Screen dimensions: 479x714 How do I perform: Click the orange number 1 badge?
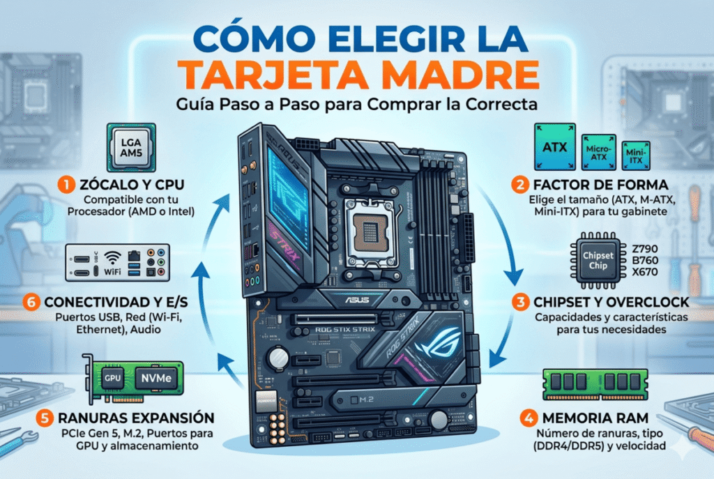tap(65, 185)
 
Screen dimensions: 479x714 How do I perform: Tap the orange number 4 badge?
tap(527, 420)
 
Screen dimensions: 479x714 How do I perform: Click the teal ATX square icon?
tap(554, 147)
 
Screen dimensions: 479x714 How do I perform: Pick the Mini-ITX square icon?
tap(633, 153)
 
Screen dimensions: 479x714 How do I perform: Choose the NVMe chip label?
tap(155, 377)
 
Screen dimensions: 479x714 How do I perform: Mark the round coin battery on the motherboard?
tap(280, 357)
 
